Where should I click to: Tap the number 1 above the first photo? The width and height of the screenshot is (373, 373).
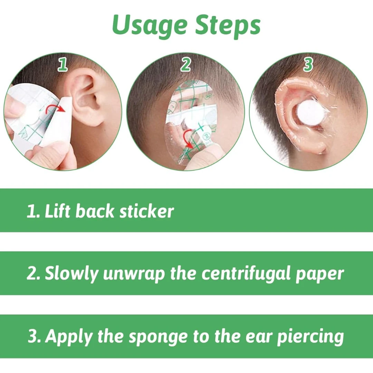pos(63,65)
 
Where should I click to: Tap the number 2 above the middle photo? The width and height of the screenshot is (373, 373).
pos(186,65)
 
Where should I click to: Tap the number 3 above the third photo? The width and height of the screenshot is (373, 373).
pos(308,65)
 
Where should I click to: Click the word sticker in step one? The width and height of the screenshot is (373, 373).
pos(146,211)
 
